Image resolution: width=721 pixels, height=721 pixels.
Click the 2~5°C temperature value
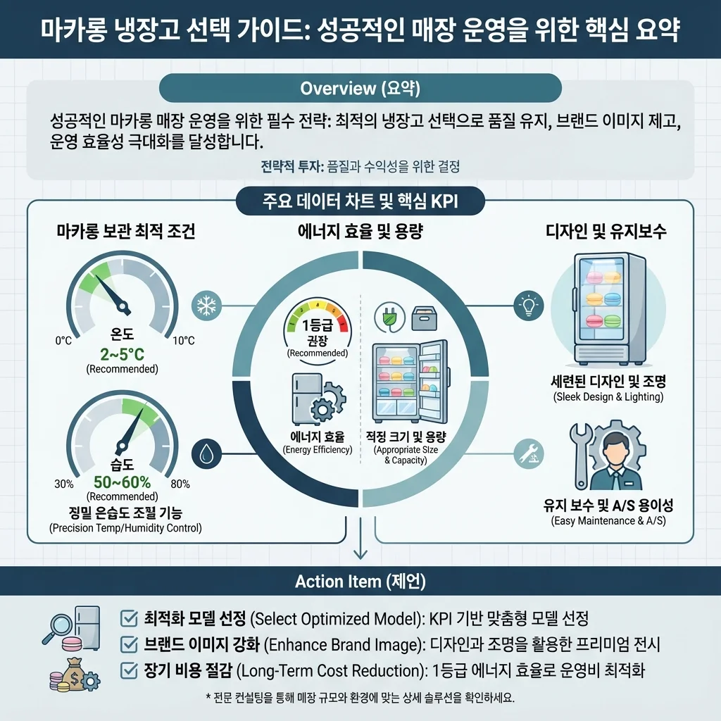pyautogui.click(x=123, y=354)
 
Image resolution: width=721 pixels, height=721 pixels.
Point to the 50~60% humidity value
pyautogui.click(x=123, y=482)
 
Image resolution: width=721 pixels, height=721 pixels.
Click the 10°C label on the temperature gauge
pyautogui.click(x=183, y=341)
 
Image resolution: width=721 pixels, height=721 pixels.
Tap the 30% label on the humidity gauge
pyautogui.click(x=64, y=484)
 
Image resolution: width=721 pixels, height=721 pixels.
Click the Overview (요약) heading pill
pyautogui.click(x=360, y=88)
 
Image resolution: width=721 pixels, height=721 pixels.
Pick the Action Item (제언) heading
pyautogui.click(x=360, y=582)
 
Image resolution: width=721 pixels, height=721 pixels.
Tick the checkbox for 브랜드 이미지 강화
pyautogui.click(x=130, y=644)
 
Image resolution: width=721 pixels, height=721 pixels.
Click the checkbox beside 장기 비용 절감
pyautogui.click(x=130, y=670)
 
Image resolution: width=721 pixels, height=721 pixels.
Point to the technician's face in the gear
pyautogui.click(x=615, y=448)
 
